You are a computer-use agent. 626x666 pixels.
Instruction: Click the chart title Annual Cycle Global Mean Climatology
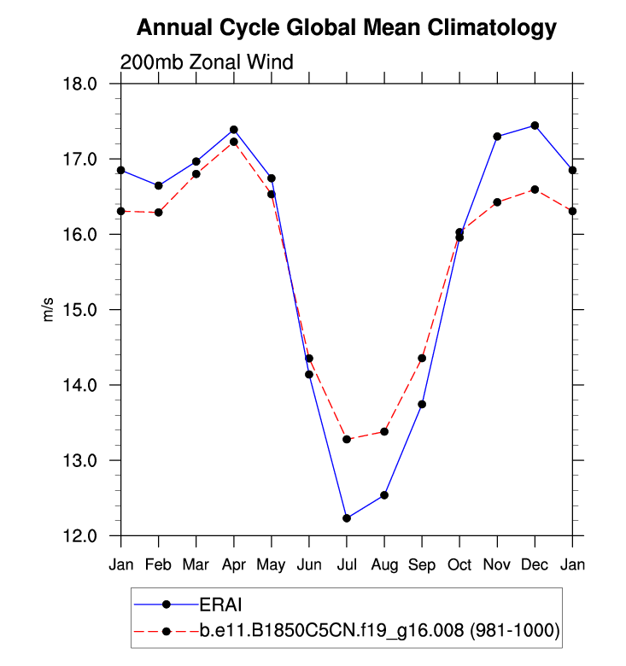tap(347, 28)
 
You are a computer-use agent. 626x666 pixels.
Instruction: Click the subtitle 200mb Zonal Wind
tap(207, 62)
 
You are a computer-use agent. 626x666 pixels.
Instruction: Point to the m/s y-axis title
tap(49, 310)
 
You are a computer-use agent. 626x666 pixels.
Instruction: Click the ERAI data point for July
tap(347, 518)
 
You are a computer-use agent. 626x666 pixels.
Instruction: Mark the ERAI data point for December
tap(535, 126)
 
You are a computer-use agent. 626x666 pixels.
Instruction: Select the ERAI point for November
tap(497, 137)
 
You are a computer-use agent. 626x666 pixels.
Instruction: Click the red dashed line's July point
tap(347, 439)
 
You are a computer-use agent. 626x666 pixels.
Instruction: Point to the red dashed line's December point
tap(535, 190)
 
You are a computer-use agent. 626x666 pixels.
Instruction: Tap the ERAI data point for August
tap(384, 495)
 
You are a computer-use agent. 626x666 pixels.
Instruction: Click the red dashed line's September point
tap(422, 358)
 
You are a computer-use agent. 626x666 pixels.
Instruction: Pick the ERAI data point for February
tap(159, 185)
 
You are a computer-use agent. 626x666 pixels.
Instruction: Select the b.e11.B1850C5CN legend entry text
tap(379, 631)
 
